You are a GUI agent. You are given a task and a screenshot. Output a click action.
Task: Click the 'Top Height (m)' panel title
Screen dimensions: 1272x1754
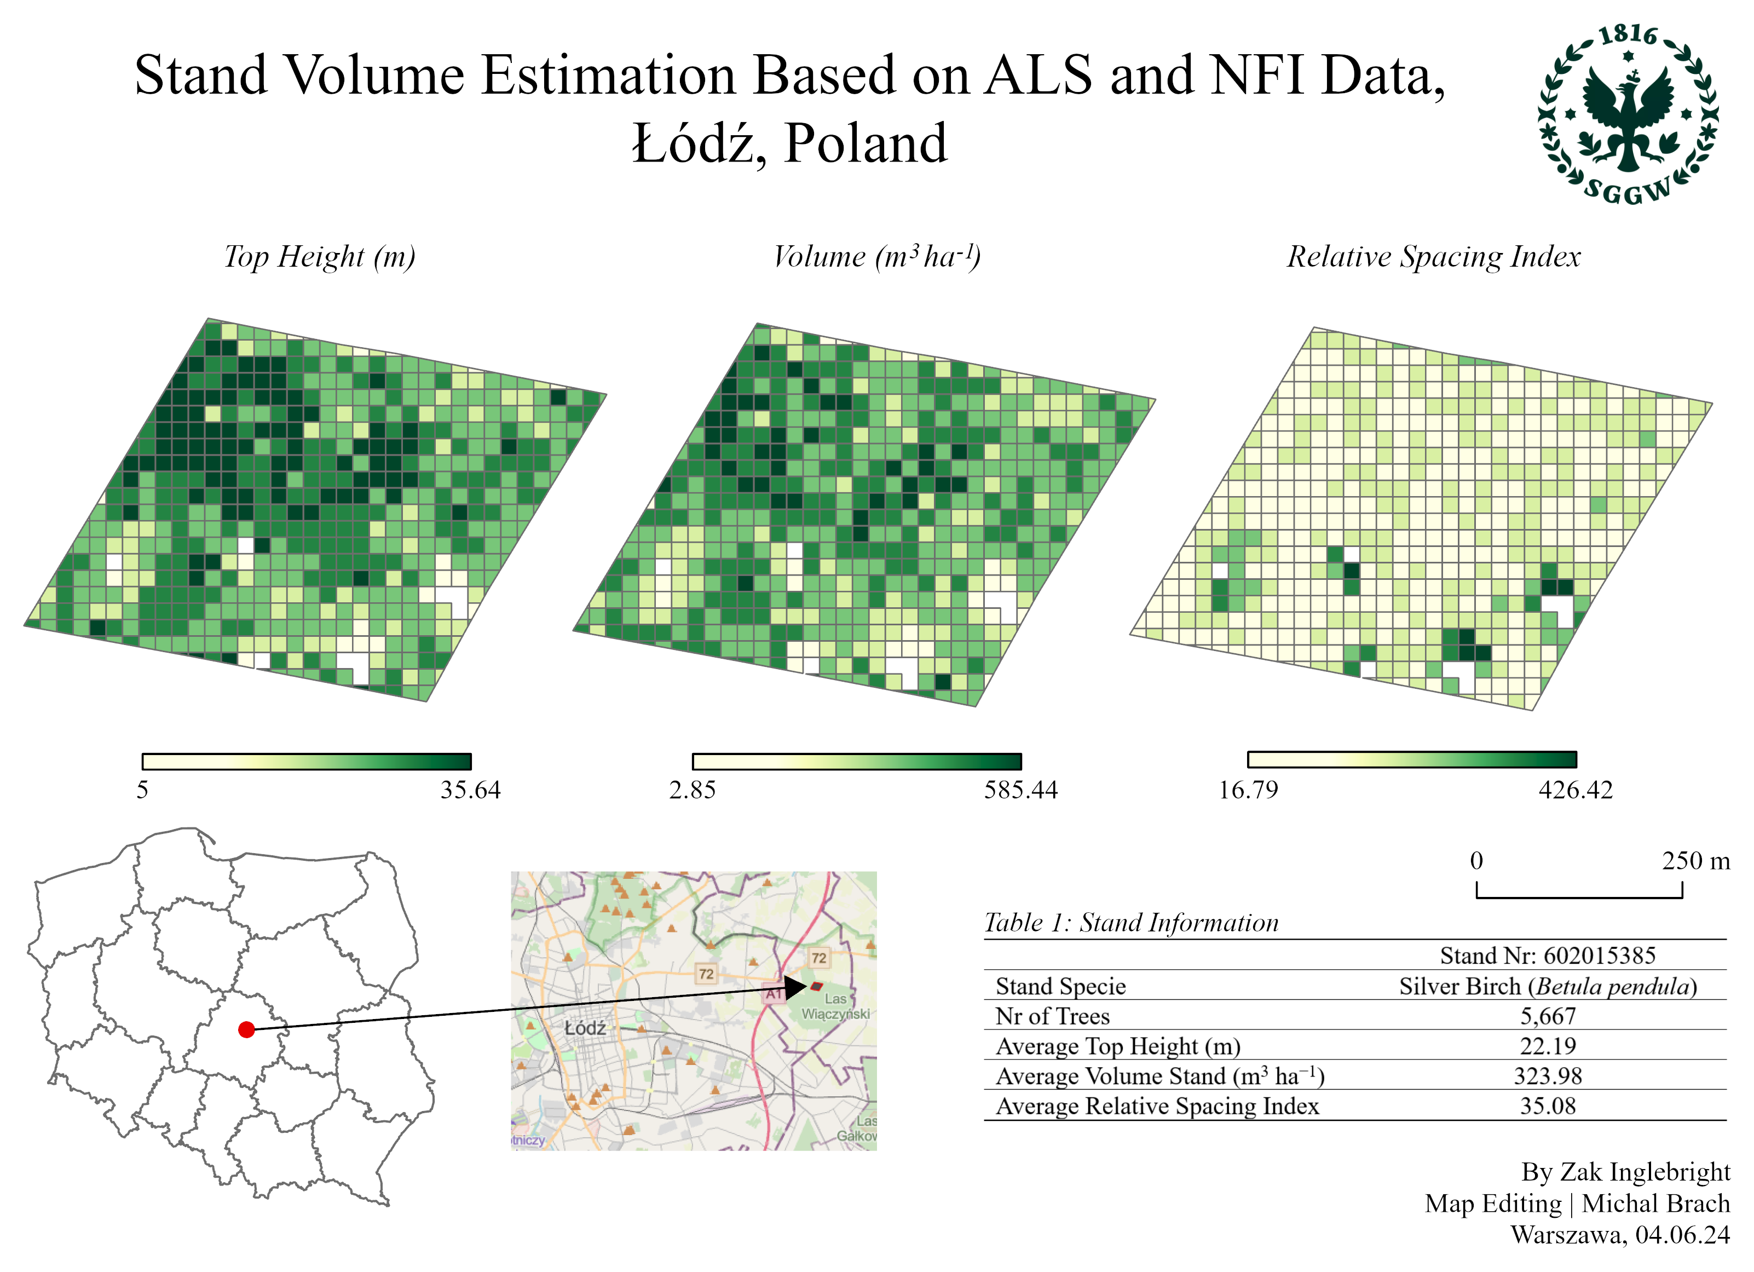[319, 256]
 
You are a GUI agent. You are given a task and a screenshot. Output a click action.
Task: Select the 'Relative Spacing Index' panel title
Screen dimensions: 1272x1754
[1433, 256]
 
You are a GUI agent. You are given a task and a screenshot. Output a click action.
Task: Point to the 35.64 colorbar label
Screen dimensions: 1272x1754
[470, 790]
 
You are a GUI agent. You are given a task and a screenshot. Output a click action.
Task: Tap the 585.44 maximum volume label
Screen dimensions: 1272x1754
[1020, 790]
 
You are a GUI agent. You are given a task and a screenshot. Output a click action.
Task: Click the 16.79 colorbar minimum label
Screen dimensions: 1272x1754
[1248, 790]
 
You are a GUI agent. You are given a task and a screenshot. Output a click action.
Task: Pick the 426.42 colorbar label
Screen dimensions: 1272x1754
[1576, 790]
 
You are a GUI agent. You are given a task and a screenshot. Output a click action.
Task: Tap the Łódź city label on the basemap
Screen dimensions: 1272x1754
[585, 1028]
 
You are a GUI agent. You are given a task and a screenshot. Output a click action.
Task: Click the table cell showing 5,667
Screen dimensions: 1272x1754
[1548, 1016]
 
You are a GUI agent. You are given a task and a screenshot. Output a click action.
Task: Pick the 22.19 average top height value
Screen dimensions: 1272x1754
[1548, 1046]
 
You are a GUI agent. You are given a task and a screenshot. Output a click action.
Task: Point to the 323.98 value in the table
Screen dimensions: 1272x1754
[1548, 1077]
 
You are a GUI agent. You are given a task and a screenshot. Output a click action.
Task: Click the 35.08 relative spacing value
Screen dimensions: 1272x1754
[1548, 1106]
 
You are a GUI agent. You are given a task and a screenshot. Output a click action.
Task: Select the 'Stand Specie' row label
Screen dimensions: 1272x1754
[1060, 987]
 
